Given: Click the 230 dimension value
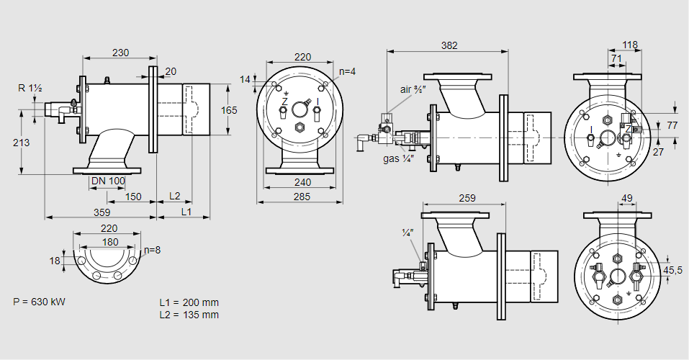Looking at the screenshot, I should coord(120,52).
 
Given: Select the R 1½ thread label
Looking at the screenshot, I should coord(30,89).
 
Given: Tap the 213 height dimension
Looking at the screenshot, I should coord(21,143).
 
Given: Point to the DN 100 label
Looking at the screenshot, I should coord(108,180).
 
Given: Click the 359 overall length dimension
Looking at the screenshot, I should coord(101,212).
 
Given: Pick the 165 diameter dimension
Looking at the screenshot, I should coord(228,110).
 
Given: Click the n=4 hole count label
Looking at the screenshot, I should coord(348,71).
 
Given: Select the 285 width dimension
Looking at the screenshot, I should coord(302,197).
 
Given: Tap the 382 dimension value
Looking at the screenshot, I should coord(449,45).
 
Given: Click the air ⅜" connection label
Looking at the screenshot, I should coord(414,89).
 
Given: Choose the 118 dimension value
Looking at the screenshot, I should coord(629,45).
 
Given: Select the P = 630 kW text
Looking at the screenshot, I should coord(39,302).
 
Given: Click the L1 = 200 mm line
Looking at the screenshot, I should coord(189,302).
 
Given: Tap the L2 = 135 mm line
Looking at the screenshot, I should coord(189,315).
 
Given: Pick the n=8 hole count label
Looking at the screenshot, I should coord(151,251).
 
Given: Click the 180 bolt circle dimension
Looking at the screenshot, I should coord(109,242).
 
